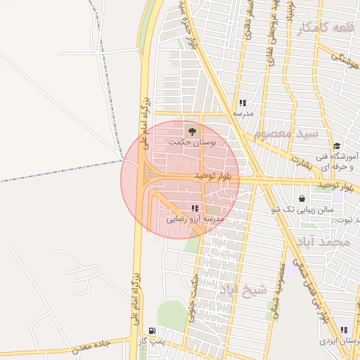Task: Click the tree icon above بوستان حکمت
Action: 191,130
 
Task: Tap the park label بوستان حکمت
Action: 192,141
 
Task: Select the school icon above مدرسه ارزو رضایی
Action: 195,208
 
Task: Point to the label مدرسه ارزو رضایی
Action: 195,219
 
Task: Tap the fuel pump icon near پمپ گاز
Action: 152,330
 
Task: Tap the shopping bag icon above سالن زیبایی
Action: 302,198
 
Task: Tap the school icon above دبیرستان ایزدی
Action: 344,330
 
